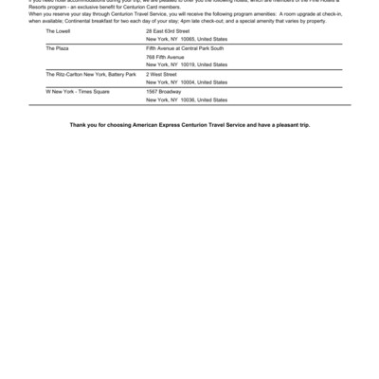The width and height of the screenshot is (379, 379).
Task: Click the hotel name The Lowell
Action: click(56, 31)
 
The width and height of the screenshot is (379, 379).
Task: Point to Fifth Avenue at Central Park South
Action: click(185, 46)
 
